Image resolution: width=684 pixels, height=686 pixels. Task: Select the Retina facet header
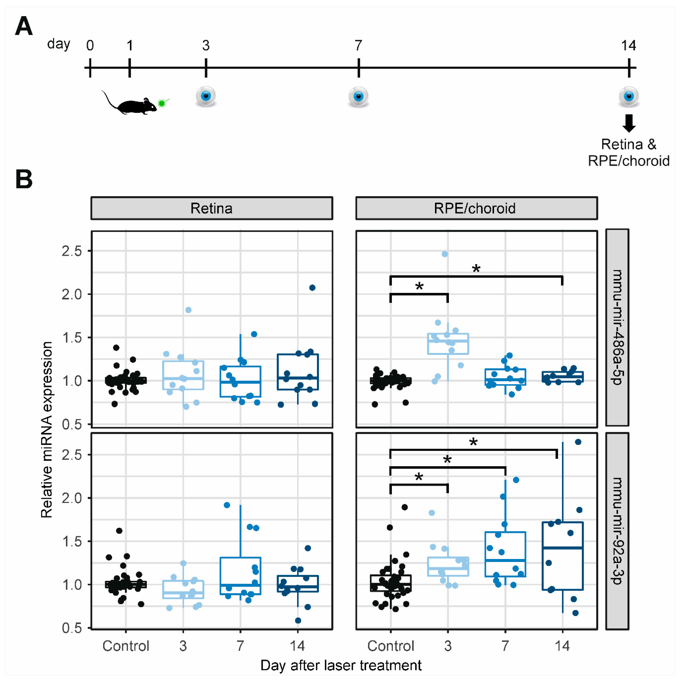click(x=212, y=208)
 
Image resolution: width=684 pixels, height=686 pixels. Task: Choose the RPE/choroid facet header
click(x=476, y=208)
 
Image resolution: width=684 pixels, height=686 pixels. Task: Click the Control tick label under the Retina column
click(x=126, y=646)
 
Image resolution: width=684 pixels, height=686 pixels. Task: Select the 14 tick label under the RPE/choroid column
click(x=562, y=646)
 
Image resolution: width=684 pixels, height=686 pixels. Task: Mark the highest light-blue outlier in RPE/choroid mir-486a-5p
click(x=445, y=254)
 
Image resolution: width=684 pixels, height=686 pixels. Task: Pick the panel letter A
click(x=24, y=27)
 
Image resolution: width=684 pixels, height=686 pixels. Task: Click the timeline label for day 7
click(x=358, y=45)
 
